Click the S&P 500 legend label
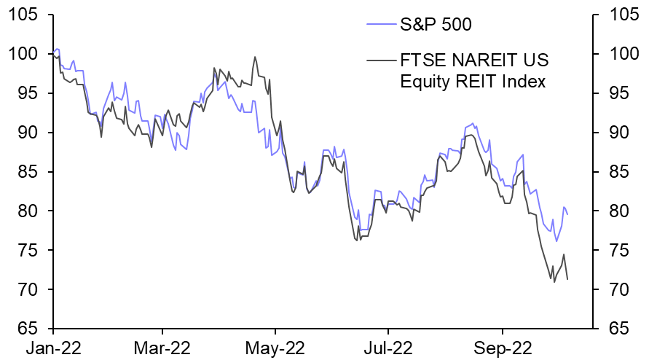436,26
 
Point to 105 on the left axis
27,15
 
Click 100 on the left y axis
27,54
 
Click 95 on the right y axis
610,93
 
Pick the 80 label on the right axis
610,211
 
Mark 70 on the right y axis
610,290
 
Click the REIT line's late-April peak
255,57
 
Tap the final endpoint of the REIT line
567,279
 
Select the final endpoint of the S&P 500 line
568,214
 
